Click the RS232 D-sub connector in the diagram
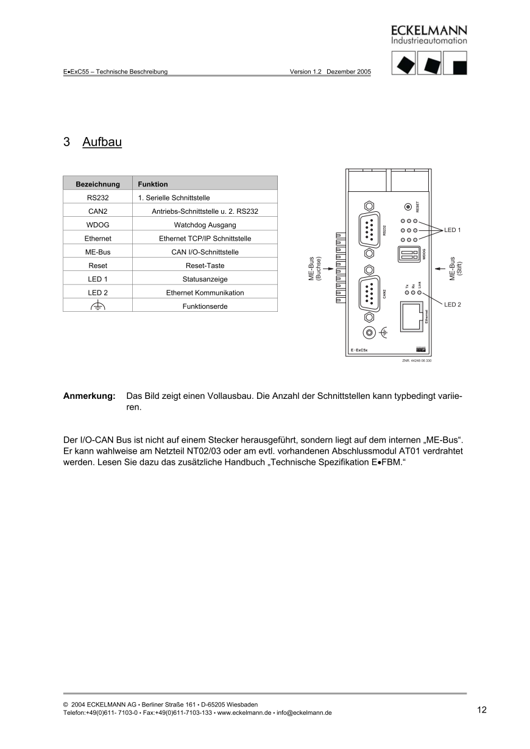coord(369,230)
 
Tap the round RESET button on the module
coord(408,206)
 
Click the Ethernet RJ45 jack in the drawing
coord(412,317)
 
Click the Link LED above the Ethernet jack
coord(420,293)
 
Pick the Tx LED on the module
coord(407,293)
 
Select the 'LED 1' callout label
coord(453,230)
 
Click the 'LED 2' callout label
coord(453,304)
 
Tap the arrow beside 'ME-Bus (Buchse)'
coord(328,268)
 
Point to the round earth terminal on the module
coord(369,332)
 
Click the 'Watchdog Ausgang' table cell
coord(205,225)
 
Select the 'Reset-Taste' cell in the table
coord(205,265)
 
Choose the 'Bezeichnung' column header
coord(97,184)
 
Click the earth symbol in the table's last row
coord(97,306)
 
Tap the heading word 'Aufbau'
coord(102,142)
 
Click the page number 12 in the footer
coord(482,709)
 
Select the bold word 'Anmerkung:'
coord(89,396)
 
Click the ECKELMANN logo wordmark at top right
coord(429,30)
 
